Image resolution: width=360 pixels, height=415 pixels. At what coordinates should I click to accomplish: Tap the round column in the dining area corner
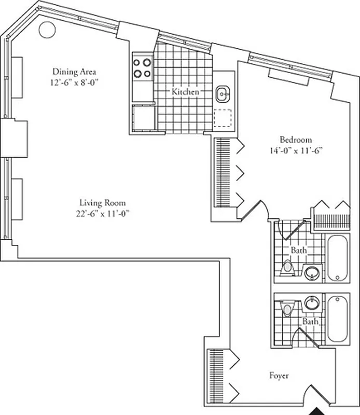[x=47, y=30]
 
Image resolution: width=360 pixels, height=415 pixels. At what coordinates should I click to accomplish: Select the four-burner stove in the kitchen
[x=142, y=67]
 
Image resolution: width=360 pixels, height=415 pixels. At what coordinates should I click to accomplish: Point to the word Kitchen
[x=185, y=92]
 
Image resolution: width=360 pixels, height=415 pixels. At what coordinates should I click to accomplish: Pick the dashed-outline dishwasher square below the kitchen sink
[x=223, y=118]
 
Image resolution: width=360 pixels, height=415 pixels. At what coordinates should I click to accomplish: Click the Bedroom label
[x=296, y=140]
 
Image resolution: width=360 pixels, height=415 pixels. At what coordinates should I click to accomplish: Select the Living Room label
[x=102, y=203]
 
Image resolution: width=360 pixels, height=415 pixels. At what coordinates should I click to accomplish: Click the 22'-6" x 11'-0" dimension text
[x=102, y=213]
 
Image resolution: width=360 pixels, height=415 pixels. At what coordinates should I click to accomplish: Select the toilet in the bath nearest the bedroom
[x=287, y=267]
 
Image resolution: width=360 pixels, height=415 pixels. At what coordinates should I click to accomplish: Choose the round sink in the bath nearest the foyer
[x=311, y=302]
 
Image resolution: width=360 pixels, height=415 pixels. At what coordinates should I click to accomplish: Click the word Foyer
[x=279, y=376]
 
